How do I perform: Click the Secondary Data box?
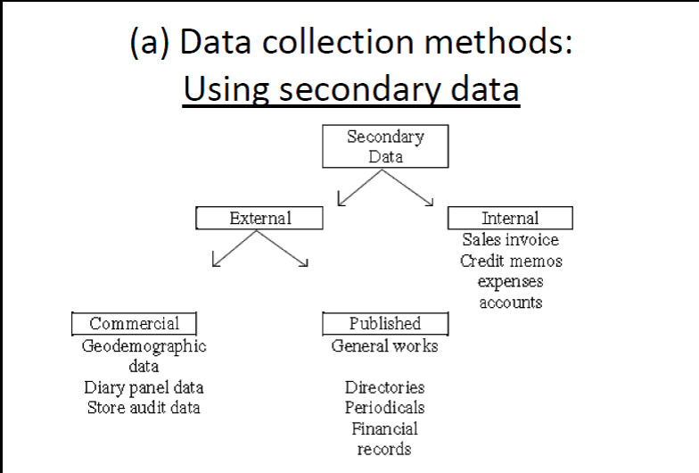[384, 146]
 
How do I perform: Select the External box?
[259, 218]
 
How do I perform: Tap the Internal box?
[510, 218]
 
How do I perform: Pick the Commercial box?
[134, 323]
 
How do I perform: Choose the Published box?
[384, 323]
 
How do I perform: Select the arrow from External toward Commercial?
[234, 249]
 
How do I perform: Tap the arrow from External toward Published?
[285, 249]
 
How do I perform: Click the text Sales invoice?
[510, 240]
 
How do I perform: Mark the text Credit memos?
[511, 261]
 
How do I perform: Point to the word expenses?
[510, 282]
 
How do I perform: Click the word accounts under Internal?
[510, 303]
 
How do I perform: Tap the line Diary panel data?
[144, 388]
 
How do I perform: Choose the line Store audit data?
[144, 408]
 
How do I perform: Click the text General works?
[384, 346]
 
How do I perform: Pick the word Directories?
[384, 388]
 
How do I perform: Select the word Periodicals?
[384, 408]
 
